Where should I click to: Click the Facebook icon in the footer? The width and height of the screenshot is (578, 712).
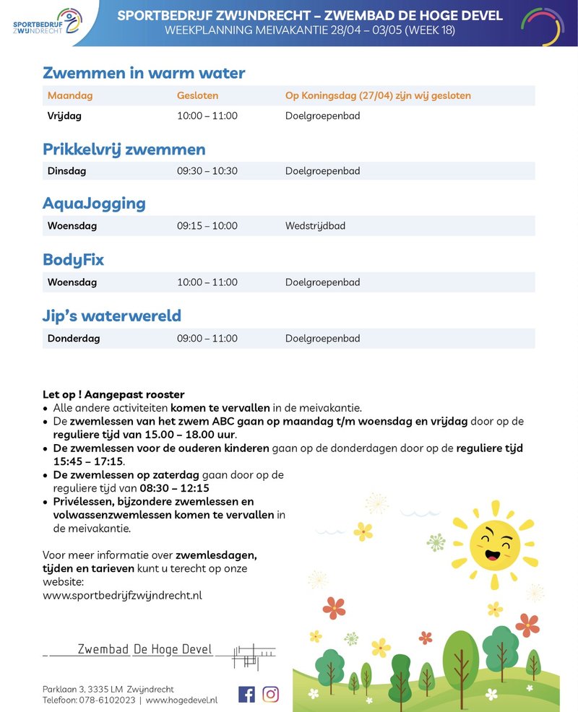coord(246,694)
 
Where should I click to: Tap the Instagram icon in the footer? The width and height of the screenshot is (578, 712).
coord(270,694)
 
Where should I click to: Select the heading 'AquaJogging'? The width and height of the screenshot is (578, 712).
coord(94,204)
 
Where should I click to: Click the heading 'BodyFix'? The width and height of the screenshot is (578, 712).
coord(73,260)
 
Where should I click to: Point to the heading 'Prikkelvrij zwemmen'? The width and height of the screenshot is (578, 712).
coord(124,149)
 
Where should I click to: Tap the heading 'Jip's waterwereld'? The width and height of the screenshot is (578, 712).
coord(111,316)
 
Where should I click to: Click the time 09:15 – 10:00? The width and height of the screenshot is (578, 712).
coord(207,226)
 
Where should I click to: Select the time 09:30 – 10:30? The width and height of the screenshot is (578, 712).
coord(207,171)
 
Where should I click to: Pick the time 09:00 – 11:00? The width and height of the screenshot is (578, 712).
coord(207,339)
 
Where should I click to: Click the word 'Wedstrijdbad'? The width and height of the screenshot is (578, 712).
coord(315,226)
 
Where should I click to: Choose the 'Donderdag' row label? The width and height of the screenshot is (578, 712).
coord(74,339)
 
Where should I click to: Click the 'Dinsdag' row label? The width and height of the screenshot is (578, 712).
coord(66,171)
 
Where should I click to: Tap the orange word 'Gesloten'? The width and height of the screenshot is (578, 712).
coord(197,95)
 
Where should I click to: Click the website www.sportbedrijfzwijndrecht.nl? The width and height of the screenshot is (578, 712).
coord(122,595)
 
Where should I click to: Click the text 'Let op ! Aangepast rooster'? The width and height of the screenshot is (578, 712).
coord(113,394)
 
